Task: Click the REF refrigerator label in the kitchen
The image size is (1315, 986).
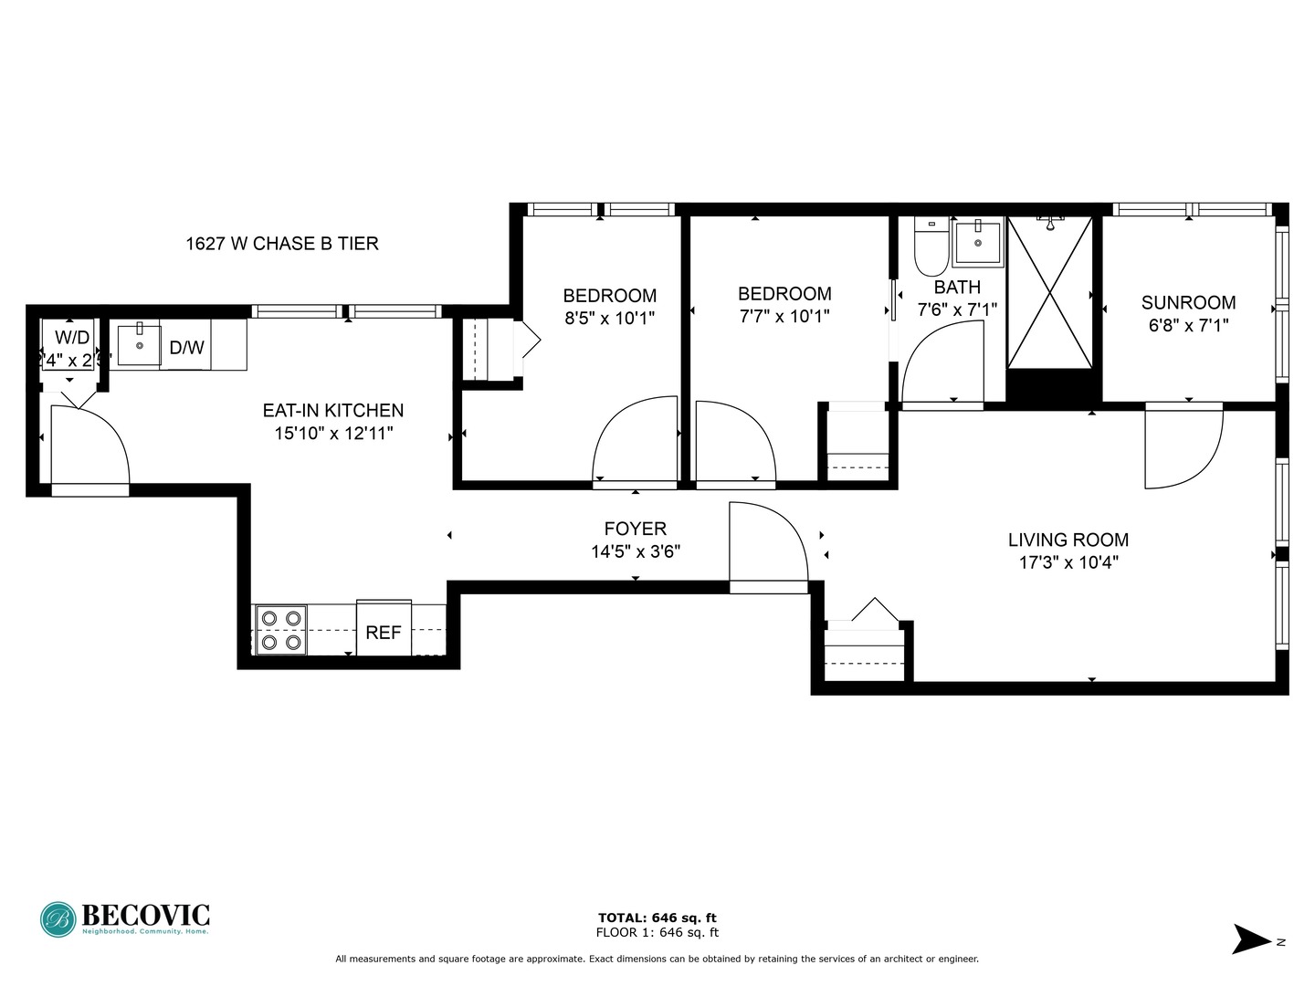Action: (x=384, y=633)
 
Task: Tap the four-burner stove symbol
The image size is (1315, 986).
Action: (x=280, y=630)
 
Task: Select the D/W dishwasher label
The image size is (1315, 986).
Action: (x=187, y=348)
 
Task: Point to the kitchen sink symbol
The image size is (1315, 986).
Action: (x=139, y=344)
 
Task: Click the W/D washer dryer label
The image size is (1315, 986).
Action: (x=72, y=338)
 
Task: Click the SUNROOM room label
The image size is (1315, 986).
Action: (x=1188, y=302)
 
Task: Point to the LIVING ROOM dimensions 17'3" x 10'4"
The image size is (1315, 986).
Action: (x=1068, y=563)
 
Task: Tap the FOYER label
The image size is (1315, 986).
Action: (x=636, y=529)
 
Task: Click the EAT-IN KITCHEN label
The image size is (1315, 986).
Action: (x=333, y=411)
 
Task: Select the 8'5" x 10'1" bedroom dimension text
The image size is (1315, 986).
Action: (x=610, y=319)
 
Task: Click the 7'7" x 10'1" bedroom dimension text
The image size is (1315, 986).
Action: (x=784, y=317)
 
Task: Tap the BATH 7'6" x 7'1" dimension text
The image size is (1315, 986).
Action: (x=957, y=310)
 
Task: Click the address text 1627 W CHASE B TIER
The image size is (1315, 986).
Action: (x=282, y=244)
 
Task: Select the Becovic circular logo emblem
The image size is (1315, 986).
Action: (x=58, y=919)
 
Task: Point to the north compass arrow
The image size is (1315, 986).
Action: (x=1251, y=939)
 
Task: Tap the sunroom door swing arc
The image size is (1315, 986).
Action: (x=1187, y=452)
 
